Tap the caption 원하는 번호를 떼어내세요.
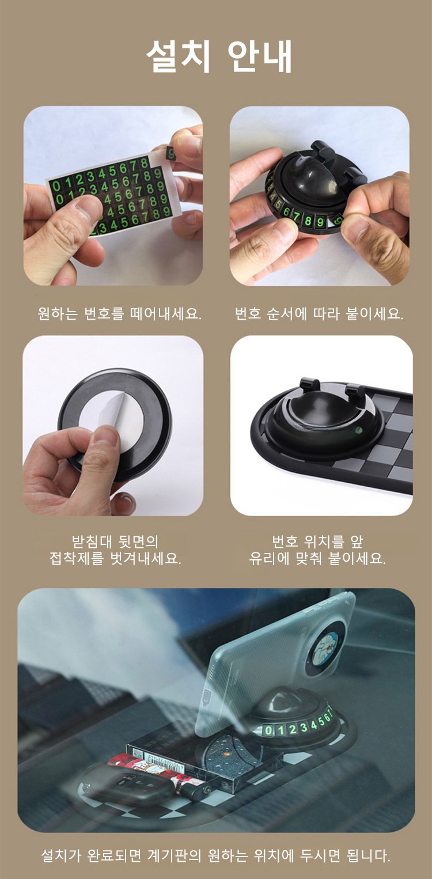click(119, 313)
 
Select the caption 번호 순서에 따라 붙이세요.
click(319, 313)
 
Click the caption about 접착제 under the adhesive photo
click(115, 550)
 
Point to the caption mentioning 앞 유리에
click(317, 550)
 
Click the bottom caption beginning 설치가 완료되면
click(216, 855)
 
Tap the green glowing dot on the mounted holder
click(358, 430)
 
